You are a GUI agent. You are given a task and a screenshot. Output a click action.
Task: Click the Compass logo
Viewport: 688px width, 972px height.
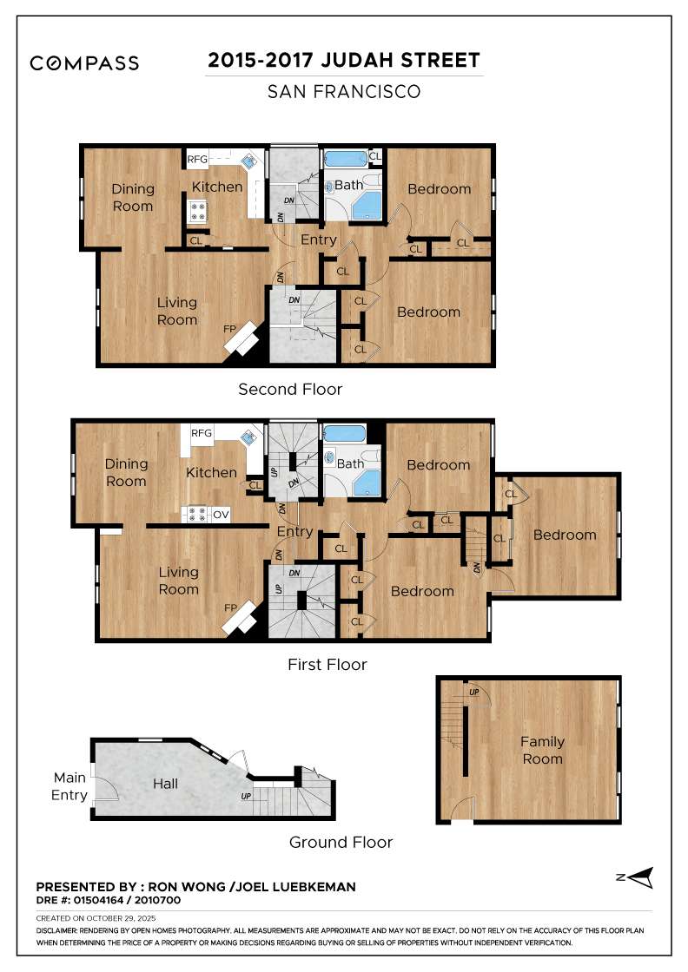click(x=84, y=63)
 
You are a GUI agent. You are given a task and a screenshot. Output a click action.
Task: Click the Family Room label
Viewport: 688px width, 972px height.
click(x=542, y=750)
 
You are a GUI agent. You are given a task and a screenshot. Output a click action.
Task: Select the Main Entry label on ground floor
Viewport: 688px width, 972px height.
click(x=69, y=786)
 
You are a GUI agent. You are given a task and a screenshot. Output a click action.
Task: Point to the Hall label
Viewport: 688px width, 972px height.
click(x=165, y=784)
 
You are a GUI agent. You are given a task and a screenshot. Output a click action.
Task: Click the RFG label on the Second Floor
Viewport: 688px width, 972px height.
click(x=197, y=159)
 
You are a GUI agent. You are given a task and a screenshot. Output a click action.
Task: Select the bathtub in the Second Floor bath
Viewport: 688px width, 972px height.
click(x=346, y=159)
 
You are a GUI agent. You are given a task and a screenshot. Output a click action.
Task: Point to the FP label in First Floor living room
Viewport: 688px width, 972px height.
click(x=230, y=607)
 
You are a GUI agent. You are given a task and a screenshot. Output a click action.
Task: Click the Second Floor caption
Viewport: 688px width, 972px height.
click(x=290, y=390)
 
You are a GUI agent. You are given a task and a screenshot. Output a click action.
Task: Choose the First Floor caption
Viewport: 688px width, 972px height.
click(x=327, y=665)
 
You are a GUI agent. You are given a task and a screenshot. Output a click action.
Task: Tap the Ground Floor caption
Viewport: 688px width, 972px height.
click(x=341, y=842)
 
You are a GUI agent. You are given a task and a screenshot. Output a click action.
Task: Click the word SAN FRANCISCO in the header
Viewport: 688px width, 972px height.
click(x=344, y=91)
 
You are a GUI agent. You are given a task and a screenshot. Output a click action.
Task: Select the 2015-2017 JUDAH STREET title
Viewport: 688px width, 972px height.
click(x=344, y=61)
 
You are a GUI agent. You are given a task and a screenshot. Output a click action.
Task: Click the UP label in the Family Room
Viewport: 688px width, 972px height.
click(x=473, y=692)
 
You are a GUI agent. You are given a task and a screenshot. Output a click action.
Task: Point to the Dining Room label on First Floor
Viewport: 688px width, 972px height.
click(x=125, y=472)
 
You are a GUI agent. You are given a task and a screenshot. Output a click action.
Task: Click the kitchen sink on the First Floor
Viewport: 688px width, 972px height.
click(x=248, y=437)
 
